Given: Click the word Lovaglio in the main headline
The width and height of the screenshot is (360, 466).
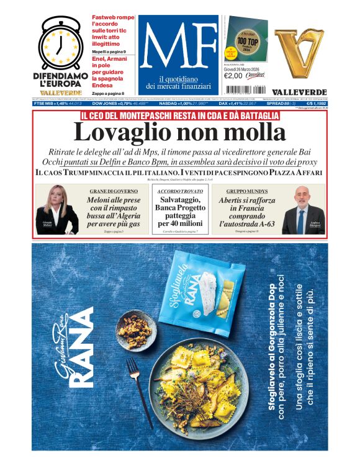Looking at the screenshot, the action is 116,132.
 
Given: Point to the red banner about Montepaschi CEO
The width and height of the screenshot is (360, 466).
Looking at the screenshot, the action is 179,115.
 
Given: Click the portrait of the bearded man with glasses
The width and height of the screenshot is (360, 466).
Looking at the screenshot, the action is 303,209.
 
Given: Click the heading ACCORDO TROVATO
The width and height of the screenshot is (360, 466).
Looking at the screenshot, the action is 179,190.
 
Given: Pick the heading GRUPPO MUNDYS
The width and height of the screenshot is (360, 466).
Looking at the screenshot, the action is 241,190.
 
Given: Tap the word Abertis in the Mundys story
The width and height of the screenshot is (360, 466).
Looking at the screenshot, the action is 234,201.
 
